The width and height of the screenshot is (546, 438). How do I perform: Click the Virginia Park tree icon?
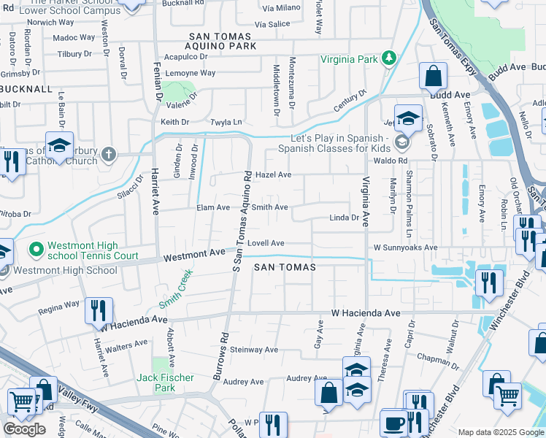[390, 58]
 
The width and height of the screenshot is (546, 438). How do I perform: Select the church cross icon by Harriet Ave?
[108, 154]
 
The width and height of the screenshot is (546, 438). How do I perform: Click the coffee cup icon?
[394, 423]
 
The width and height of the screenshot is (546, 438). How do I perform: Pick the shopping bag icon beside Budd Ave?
[433, 74]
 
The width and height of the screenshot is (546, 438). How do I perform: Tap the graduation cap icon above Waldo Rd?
[409, 118]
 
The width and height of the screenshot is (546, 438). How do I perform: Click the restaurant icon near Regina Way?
[98, 310]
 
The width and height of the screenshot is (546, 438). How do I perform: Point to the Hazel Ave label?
[274, 175]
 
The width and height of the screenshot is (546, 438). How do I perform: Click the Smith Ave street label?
[269, 208]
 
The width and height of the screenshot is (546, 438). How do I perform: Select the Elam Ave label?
[213, 208]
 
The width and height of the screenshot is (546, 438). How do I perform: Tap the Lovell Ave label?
[265, 243]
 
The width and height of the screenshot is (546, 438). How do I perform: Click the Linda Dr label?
[344, 218]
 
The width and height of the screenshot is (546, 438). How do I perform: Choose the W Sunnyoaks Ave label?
[405, 247]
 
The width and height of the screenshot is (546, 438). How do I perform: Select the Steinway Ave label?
[254, 350]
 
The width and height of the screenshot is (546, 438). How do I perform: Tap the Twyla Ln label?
[226, 122]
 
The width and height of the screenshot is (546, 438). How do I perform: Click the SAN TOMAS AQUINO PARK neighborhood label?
[223, 41]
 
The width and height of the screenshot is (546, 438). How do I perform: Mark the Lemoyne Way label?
[190, 73]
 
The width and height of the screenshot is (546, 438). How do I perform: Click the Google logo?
[24, 429]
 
